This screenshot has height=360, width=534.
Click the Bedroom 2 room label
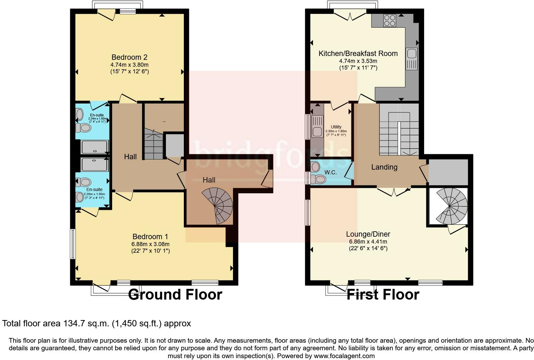(x=129, y=57)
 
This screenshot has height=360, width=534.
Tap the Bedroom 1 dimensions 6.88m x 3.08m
(x=151, y=244)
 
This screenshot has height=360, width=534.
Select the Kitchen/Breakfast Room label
(x=358, y=53)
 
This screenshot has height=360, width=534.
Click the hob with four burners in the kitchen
(x=389, y=21)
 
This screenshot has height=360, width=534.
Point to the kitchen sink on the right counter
(x=412, y=54)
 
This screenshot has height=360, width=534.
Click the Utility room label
(x=336, y=127)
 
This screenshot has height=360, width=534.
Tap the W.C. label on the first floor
(x=331, y=172)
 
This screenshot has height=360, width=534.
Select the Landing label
(x=384, y=167)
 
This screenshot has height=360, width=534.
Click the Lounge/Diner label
(x=368, y=234)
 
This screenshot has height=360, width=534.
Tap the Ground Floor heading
(x=175, y=295)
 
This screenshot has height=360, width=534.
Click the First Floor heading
(x=383, y=295)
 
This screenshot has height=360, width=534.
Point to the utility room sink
(x=316, y=132)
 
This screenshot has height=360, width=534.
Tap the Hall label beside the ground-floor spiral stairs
(x=209, y=180)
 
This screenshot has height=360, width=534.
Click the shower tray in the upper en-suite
(x=94, y=147)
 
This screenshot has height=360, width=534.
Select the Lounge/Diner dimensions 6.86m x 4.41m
(x=368, y=242)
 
